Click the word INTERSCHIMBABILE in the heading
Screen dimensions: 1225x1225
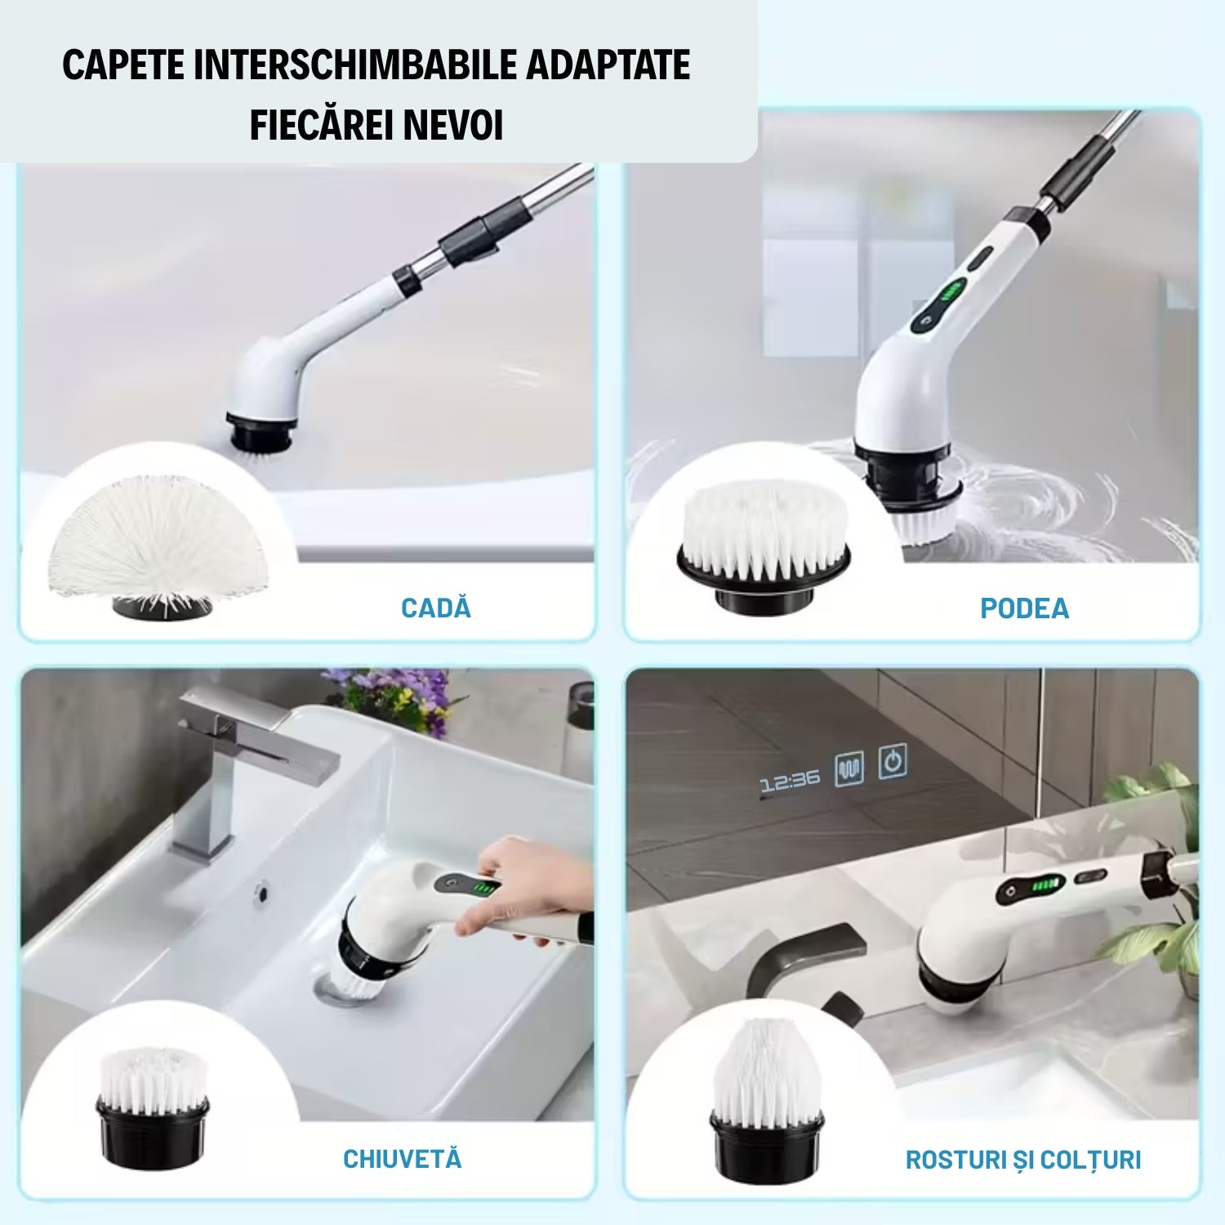354,65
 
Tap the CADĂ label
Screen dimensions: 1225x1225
436,608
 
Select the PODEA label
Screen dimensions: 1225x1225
1024,608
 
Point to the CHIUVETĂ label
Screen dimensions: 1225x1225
402,1159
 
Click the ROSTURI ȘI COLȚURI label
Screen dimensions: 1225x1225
1022,1160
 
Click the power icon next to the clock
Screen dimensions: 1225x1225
893,762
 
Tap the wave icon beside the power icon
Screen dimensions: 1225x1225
849,769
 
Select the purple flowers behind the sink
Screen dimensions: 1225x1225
392,694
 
